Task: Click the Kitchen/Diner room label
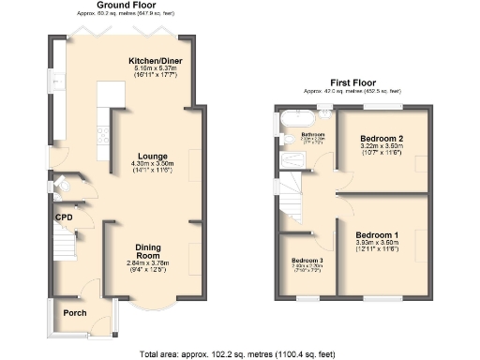[156, 61]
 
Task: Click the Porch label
[74, 313]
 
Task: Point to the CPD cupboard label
[63, 217]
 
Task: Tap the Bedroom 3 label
[306, 260]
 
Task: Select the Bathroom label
[312, 135]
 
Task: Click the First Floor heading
[352, 82]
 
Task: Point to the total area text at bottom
[239, 353]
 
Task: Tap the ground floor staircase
[64, 247]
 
